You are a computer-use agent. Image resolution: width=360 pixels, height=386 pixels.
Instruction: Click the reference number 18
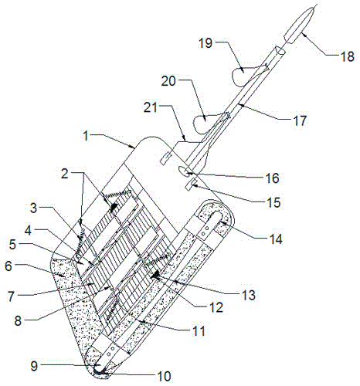(347, 56)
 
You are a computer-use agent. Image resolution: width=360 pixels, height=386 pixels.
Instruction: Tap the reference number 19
(205, 43)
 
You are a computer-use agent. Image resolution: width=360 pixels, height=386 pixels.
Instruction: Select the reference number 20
(168, 81)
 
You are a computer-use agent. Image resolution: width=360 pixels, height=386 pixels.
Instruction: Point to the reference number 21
(151, 107)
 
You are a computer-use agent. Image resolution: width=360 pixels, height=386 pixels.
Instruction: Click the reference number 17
(300, 120)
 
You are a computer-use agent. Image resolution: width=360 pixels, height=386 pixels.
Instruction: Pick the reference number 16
(273, 178)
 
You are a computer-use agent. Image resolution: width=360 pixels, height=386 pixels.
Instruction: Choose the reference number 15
(273, 203)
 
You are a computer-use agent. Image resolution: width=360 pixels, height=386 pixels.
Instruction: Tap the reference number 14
(275, 239)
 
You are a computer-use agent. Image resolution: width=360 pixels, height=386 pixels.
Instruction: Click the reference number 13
(249, 295)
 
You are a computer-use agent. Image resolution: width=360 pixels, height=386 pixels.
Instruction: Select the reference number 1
(87, 136)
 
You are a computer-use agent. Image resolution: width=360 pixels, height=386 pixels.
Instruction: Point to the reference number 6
(8, 266)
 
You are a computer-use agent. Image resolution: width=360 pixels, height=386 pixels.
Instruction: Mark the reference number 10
(164, 377)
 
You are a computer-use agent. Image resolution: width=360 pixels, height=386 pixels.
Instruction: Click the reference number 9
(35, 366)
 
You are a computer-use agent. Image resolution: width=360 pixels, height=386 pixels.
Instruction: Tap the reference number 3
(34, 208)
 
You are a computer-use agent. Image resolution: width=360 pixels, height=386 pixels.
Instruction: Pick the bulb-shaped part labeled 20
(203, 123)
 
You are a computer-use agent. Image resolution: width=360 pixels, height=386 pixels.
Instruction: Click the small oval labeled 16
(184, 171)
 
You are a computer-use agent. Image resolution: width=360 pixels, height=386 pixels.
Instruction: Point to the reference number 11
(199, 331)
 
